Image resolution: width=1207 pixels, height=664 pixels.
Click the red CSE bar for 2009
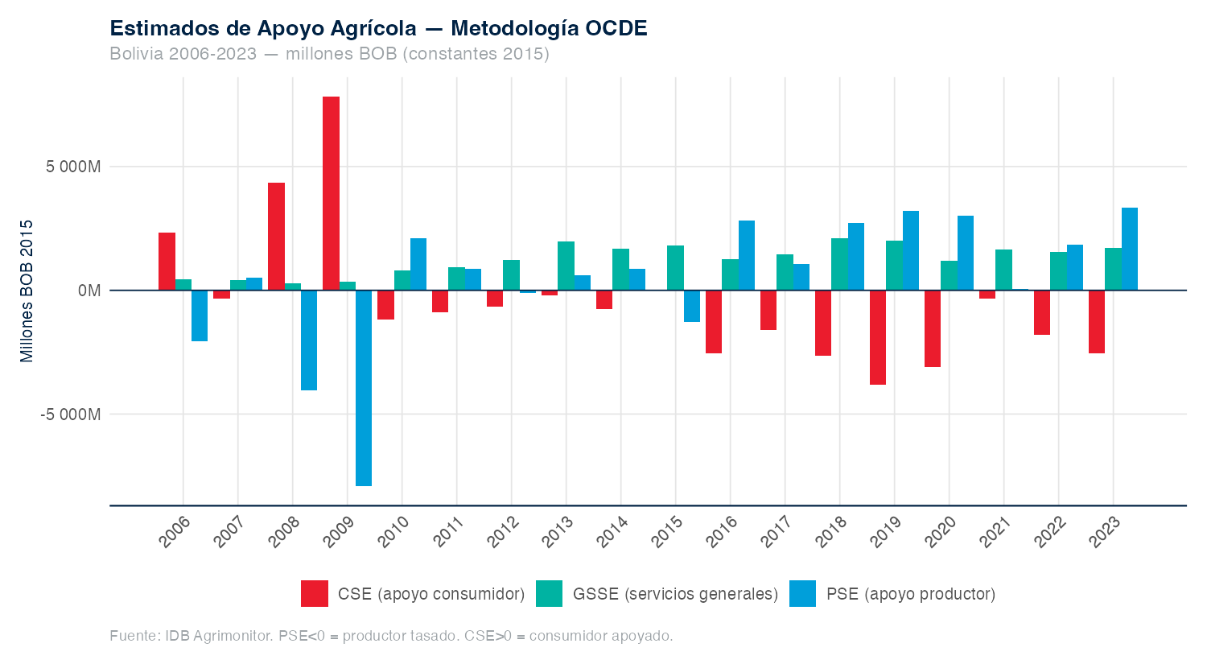(331, 193)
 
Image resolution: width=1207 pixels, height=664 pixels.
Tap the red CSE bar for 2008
(276, 237)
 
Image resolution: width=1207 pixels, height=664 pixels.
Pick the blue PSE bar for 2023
(1130, 249)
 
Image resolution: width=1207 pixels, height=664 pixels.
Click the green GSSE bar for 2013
(566, 266)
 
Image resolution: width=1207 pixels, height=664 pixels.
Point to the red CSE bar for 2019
(878, 337)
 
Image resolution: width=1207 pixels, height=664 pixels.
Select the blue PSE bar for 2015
(692, 306)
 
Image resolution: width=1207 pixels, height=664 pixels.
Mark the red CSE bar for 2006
(167, 262)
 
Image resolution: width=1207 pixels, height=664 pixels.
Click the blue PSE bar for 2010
(418, 264)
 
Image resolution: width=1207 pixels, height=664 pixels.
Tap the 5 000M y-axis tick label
(73, 167)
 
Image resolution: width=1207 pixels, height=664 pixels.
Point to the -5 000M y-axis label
(70, 414)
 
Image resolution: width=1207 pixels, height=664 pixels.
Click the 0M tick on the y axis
(89, 291)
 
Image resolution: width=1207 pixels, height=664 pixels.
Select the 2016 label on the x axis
(721, 533)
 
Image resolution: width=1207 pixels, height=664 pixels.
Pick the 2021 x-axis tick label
(995, 533)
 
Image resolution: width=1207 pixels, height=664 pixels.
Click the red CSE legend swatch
(315, 594)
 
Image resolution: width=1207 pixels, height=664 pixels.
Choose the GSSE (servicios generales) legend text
(675, 594)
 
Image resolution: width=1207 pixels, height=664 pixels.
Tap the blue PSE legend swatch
(803, 594)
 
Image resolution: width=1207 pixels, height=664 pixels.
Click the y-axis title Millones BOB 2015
(27, 291)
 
